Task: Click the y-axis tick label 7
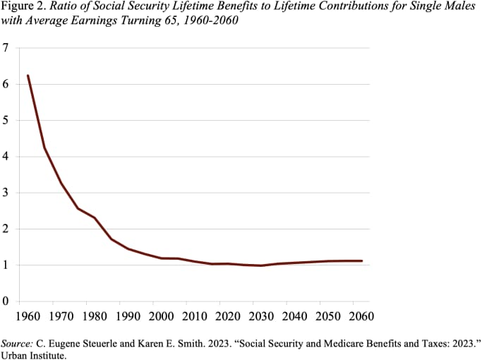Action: tap(6, 48)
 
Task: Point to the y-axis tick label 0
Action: tap(6, 301)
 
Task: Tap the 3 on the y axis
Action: tap(6, 193)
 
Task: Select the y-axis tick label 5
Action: tap(6, 120)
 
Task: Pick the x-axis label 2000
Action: tap(162, 316)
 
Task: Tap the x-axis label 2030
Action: tap(262, 316)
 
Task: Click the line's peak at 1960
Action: tap(28, 76)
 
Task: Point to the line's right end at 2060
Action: tap(361, 260)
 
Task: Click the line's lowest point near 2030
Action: tap(262, 265)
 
